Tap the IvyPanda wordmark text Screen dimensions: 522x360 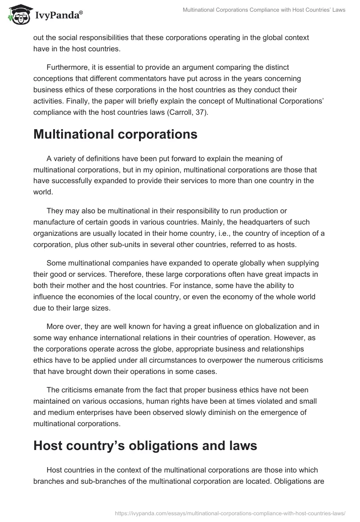click(x=58, y=16)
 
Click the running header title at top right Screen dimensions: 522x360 click(x=264, y=10)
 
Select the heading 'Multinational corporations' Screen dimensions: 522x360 click(x=115, y=135)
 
